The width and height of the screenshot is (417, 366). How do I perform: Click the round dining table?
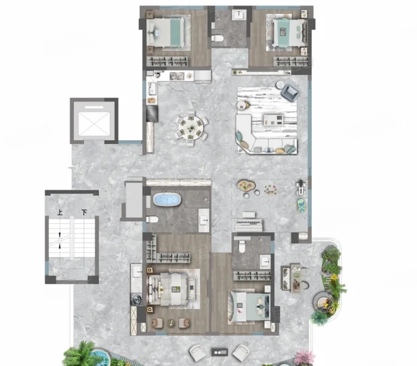pyautogui.click(x=191, y=128)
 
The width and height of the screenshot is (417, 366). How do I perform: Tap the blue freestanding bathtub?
pyautogui.click(x=167, y=200)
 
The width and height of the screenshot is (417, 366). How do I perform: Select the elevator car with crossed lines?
pyautogui.click(x=94, y=124)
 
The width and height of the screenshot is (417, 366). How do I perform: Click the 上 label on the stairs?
pyautogui.click(x=60, y=213)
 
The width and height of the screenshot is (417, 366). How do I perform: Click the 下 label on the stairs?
pyautogui.click(x=84, y=213)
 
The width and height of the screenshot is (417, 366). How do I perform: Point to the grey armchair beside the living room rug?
pyautogui.click(x=291, y=92)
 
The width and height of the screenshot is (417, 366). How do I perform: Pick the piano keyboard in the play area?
pyautogui.click(x=249, y=223)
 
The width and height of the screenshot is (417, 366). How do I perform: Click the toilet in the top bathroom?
pyautogui.click(x=217, y=38)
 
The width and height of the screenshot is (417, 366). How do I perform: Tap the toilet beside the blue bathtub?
pyautogui.click(x=152, y=219)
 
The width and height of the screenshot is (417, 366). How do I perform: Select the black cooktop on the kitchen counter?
pyautogui.click(x=152, y=113)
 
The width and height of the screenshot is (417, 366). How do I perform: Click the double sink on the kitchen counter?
pyautogui.click(x=177, y=76)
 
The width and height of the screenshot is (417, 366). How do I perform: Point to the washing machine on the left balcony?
pyautogui.click(x=136, y=299)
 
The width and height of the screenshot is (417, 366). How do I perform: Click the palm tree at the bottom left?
pyautogui.click(x=81, y=353)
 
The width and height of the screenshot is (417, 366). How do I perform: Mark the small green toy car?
pyautogui.click(x=301, y=205)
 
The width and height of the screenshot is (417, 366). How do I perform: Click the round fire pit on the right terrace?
pyautogui.click(x=323, y=302)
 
